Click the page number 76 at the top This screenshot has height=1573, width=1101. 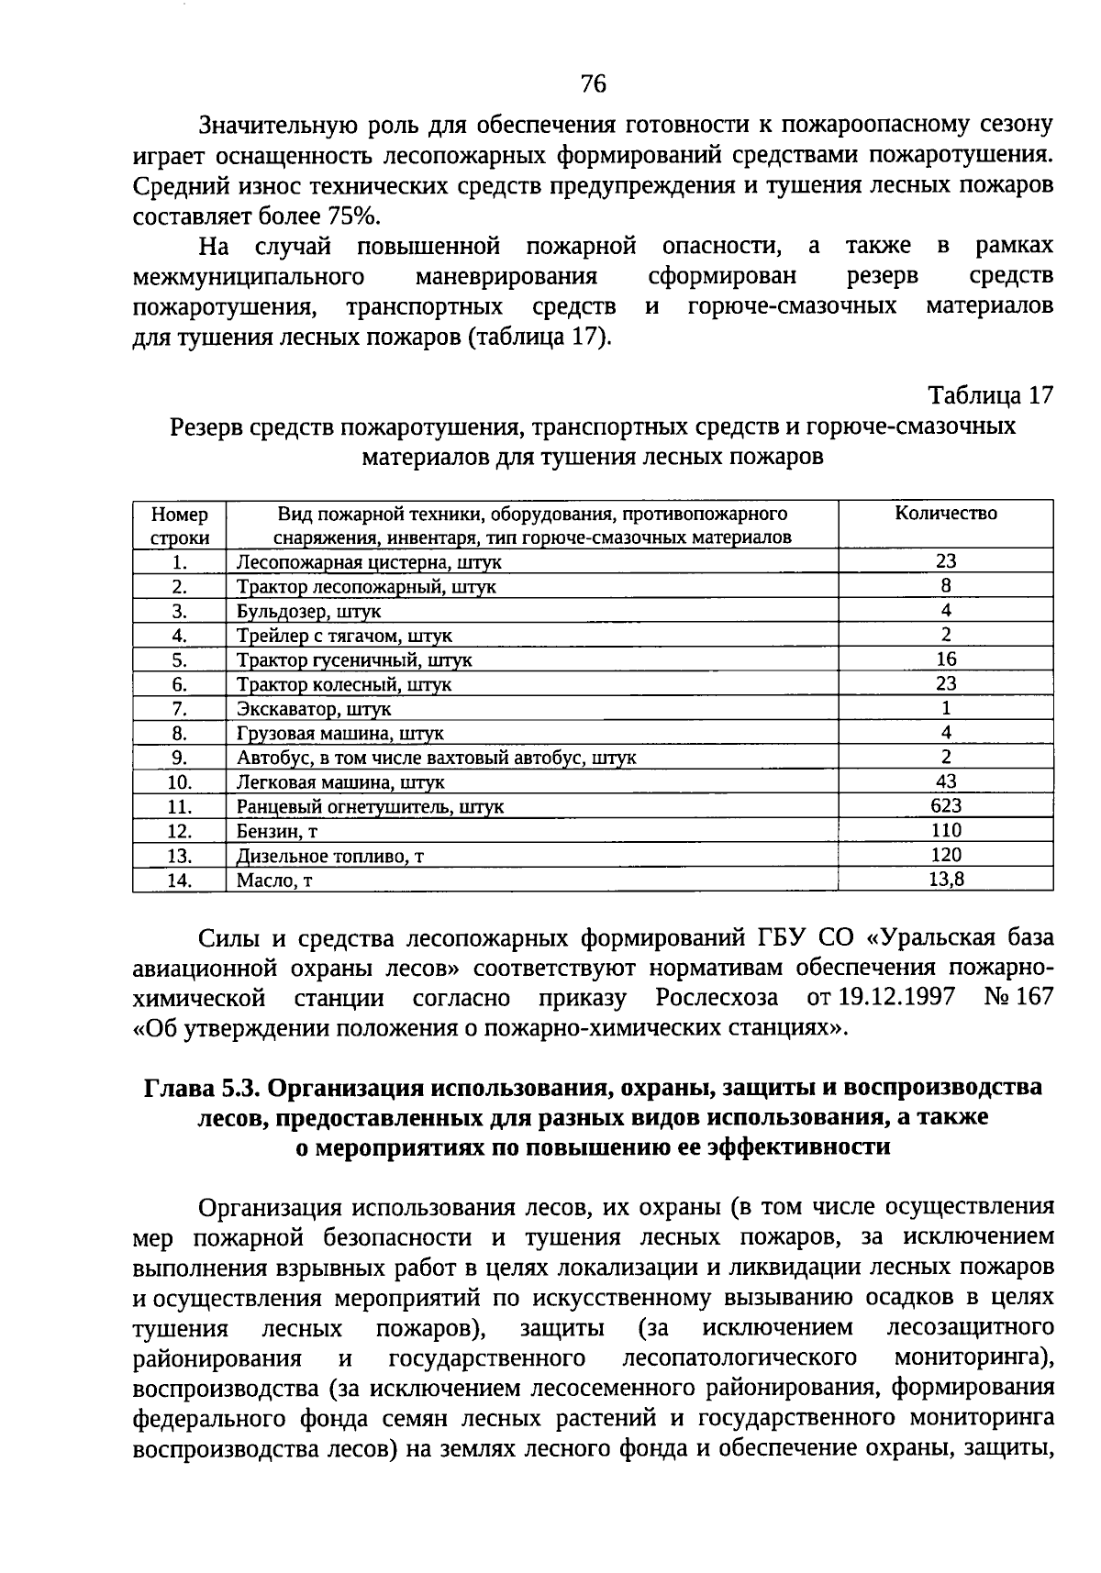coord(594,84)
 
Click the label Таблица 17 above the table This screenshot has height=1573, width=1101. coord(991,395)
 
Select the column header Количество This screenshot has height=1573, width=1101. coord(946,514)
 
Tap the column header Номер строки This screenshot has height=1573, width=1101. coord(180,526)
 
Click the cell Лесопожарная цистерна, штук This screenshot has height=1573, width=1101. coord(369,562)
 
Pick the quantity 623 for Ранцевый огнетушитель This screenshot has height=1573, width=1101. coord(946,805)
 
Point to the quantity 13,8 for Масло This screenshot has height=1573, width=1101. coord(946,879)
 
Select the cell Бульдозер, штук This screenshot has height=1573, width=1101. coord(308,611)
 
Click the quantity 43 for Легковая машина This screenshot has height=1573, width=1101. coord(946,781)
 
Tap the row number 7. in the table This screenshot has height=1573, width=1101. coord(180,708)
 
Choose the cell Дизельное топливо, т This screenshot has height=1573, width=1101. coord(330,856)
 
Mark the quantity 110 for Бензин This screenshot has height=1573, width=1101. coord(946,830)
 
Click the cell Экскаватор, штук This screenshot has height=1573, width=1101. coord(314,709)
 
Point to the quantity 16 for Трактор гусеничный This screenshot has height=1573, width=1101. coord(946,659)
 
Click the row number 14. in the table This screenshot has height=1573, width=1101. coord(180,880)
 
